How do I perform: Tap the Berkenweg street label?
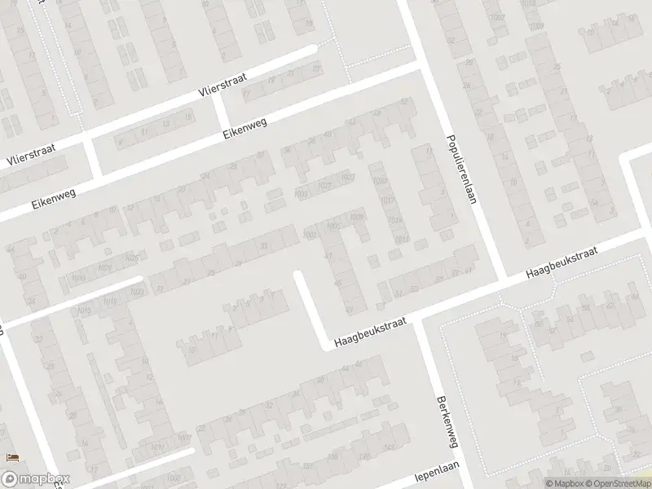coord(443,422)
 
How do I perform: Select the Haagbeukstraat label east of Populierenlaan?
coord(562,262)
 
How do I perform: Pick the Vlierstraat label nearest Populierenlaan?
coord(221,86)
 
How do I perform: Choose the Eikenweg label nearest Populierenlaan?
coord(245,129)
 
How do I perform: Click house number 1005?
coord(333,226)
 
